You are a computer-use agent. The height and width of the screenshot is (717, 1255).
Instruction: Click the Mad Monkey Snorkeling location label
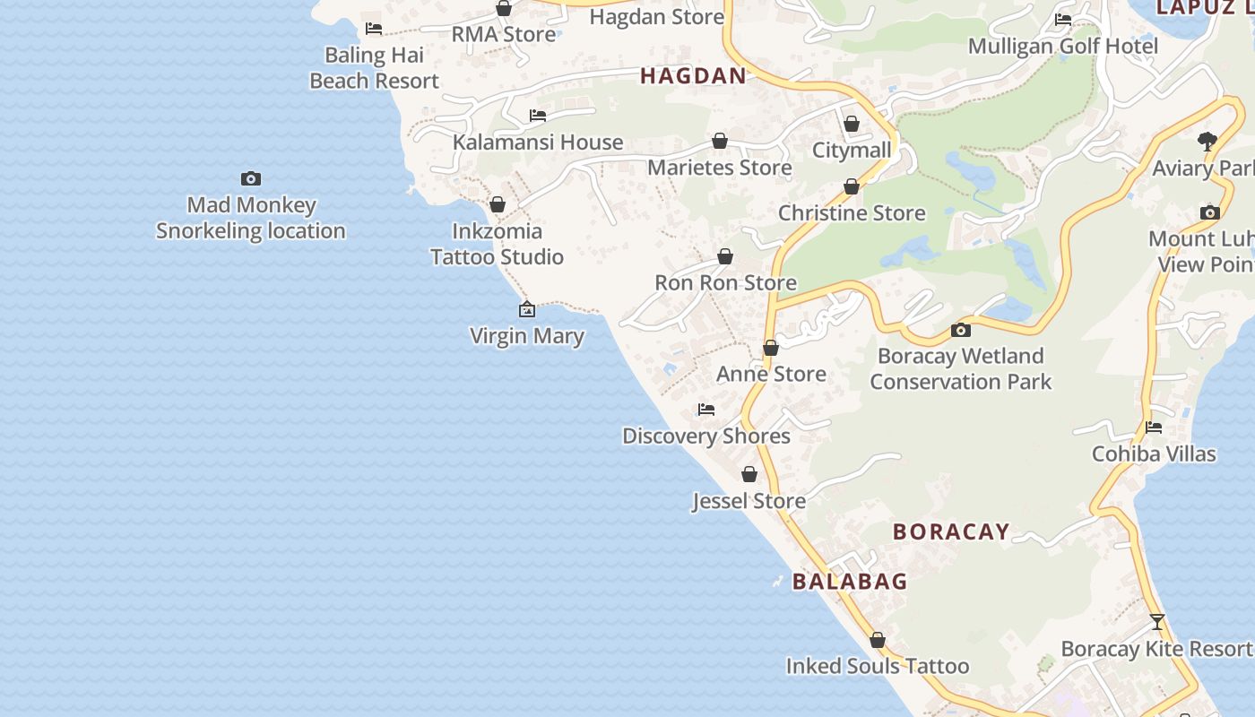click(x=251, y=218)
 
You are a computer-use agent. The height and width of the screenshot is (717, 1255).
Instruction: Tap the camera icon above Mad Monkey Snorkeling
click(x=251, y=179)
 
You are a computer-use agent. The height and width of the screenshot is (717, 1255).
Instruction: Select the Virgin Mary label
click(x=527, y=336)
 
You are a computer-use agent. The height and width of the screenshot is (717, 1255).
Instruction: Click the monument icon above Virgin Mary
click(x=527, y=310)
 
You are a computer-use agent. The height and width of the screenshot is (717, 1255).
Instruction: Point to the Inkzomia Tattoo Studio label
click(x=497, y=244)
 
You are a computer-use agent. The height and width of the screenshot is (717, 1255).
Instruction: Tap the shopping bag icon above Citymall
click(x=852, y=124)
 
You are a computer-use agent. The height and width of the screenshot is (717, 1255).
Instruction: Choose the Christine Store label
click(x=852, y=213)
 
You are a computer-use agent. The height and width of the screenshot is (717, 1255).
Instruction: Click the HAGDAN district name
click(x=693, y=76)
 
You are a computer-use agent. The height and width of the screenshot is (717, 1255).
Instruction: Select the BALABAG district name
click(x=850, y=582)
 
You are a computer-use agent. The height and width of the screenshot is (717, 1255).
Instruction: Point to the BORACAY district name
click(x=951, y=531)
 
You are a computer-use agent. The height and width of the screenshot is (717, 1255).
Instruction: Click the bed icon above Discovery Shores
click(x=706, y=410)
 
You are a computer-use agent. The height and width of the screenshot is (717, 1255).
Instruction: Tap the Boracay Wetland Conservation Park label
click(x=960, y=368)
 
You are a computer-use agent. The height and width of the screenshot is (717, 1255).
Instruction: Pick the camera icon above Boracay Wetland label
click(x=960, y=330)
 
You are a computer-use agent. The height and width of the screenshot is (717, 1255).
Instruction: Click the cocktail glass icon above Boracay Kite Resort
click(x=1157, y=622)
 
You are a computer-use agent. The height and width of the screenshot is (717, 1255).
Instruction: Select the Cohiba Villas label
click(x=1154, y=454)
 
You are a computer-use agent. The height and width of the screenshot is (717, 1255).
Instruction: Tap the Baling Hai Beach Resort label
click(x=374, y=68)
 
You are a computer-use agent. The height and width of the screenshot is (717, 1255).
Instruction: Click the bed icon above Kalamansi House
click(x=538, y=116)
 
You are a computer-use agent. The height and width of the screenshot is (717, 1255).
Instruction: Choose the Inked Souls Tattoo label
click(x=878, y=666)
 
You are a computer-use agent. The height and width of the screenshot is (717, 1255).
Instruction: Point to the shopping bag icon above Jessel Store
click(x=749, y=474)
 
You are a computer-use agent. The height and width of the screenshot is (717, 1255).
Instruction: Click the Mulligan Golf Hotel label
click(x=1063, y=46)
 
